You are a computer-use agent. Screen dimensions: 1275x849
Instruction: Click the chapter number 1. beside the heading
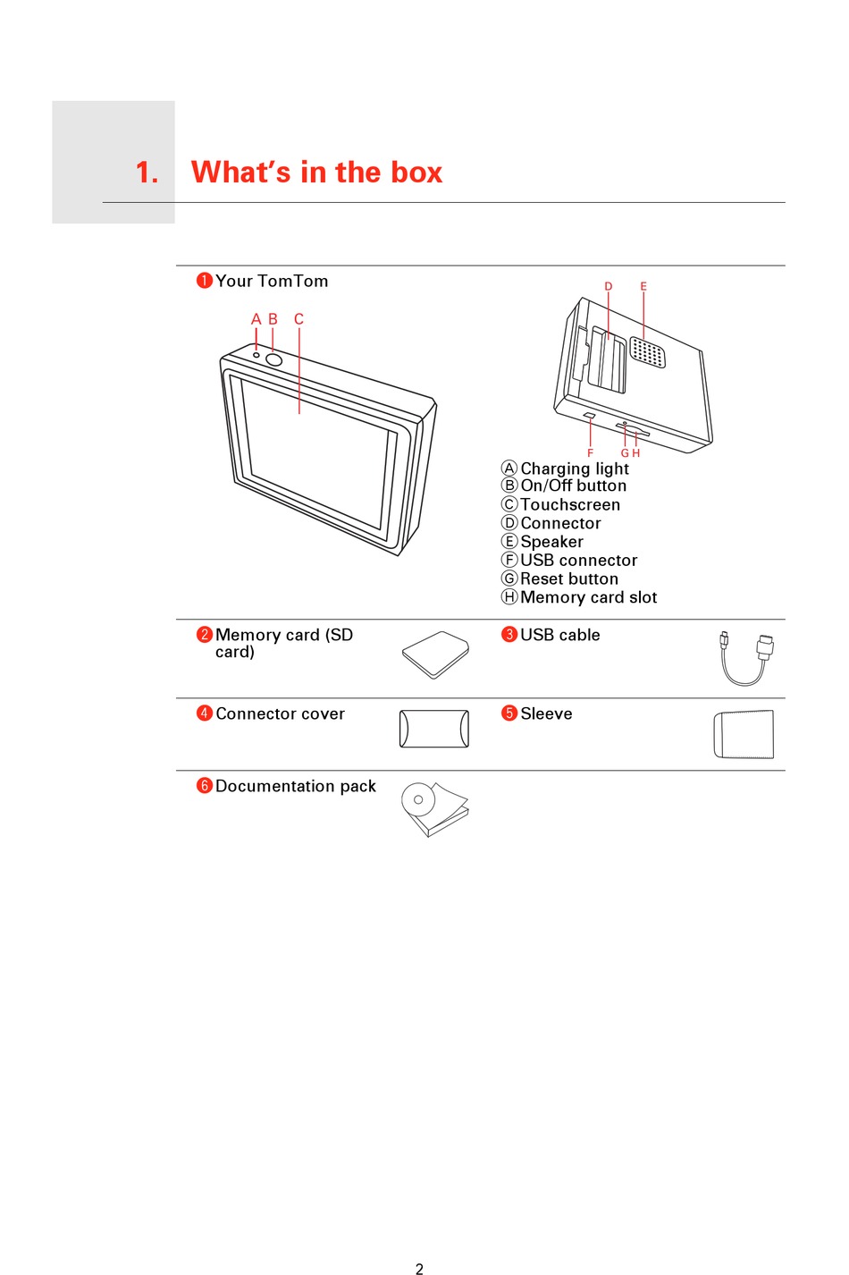pyautogui.click(x=147, y=173)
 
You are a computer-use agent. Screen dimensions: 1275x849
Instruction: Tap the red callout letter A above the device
pyautogui.click(x=256, y=319)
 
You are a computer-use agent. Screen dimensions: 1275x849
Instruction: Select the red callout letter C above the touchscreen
pyautogui.click(x=298, y=319)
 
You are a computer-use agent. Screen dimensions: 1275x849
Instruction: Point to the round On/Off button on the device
pyautogui.click(x=274, y=359)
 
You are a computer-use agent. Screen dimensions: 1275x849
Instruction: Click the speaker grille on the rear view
pyautogui.click(x=647, y=352)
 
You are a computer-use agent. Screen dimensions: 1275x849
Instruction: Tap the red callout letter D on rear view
pyautogui.click(x=609, y=287)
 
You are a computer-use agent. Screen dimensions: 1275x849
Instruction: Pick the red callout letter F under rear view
pyautogui.click(x=590, y=453)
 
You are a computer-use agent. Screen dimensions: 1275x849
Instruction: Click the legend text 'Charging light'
pyautogui.click(x=575, y=469)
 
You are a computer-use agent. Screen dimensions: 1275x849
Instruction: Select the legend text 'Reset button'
pyautogui.click(x=569, y=579)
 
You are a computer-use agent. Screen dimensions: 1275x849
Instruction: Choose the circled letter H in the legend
pyautogui.click(x=509, y=597)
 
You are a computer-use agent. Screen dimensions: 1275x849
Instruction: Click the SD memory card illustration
pyautogui.click(x=435, y=655)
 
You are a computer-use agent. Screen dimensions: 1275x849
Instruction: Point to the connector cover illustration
pyautogui.click(x=434, y=729)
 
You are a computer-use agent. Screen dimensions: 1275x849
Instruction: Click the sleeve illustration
pyautogui.click(x=744, y=734)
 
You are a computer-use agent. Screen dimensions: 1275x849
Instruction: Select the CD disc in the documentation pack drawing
pyautogui.click(x=418, y=798)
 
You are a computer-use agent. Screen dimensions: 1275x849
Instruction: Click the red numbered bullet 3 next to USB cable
pyautogui.click(x=509, y=635)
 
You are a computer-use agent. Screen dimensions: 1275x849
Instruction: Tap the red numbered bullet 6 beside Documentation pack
pyautogui.click(x=205, y=786)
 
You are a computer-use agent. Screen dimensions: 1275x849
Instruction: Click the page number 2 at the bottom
pyautogui.click(x=419, y=1268)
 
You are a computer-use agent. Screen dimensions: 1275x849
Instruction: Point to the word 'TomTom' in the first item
pyautogui.click(x=292, y=282)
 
